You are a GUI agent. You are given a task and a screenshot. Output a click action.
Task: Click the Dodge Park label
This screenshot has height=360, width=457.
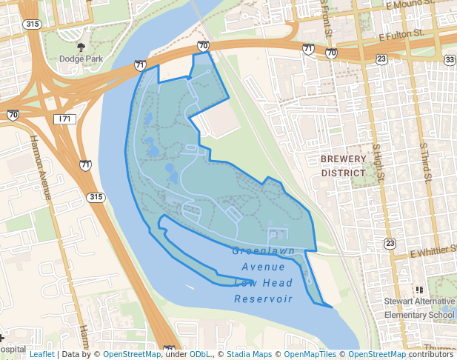pyautogui.click(x=81, y=59)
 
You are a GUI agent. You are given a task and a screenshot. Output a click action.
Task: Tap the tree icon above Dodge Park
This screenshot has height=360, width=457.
pyautogui.click(x=81, y=47)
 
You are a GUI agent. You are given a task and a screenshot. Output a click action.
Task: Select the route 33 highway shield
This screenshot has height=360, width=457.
pyautogui.click(x=450, y=59)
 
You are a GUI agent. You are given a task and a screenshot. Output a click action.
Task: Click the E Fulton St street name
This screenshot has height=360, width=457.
pyautogui.click(x=401, y=35)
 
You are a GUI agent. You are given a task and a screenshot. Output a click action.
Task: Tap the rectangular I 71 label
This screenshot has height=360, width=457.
pyautogui.click(x=64, y=119)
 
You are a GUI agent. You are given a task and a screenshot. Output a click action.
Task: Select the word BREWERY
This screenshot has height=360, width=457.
pyautogui.click(x=343, y=159)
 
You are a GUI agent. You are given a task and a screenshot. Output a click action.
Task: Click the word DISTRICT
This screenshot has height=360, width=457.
pyautogui.click(x=343, y=173)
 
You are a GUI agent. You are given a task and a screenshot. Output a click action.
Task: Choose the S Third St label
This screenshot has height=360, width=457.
pyautogui.click(x=425, y=159)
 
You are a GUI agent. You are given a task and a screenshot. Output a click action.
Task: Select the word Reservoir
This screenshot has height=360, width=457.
pyautogui.click(x=264, y=299)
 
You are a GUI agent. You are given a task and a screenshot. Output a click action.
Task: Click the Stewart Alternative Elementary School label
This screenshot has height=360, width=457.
pyautogui.click(x=418, y=308)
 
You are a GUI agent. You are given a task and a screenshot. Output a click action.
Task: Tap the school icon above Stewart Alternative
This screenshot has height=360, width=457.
pyautogui.click(x=419, y=290)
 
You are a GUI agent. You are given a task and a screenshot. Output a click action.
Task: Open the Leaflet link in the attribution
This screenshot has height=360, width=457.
pyautogui.click(x=41, y=354)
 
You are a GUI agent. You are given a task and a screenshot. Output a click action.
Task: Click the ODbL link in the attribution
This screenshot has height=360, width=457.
pyautogui.click(x=199, y=354)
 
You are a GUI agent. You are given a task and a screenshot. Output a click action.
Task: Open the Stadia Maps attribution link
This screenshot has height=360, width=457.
pyautogui.click(x=250, y=354)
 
